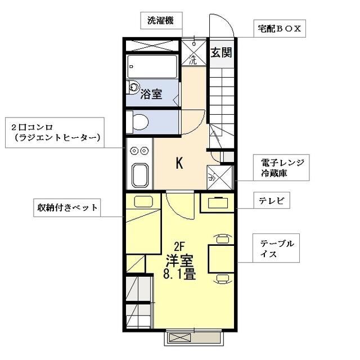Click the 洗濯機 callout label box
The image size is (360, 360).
point(160,21)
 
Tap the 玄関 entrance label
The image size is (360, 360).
point(221,53)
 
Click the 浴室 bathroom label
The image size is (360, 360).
point(152,94)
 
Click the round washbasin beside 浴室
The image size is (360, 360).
point(133,87)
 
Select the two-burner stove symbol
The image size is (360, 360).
point(138,151)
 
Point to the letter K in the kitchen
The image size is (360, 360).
point(179,163)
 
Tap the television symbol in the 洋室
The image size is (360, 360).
point(217,204)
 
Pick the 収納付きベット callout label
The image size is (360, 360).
point(65,208)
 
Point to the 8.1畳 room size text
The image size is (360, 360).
point(179,274)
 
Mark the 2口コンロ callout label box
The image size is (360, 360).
point(53,132)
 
